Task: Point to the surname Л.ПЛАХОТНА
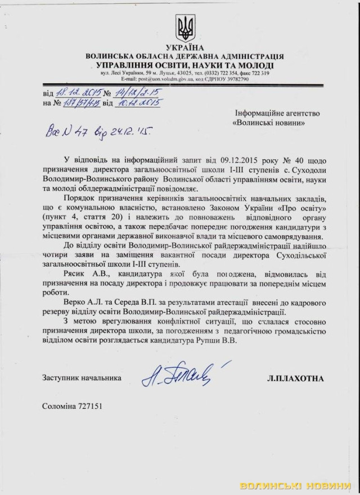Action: click(296, 379)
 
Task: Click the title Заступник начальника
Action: click(81, 379)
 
